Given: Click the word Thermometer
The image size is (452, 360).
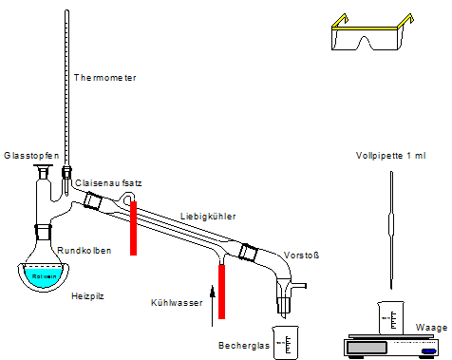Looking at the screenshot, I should pyautogui.click(x=104, y=78).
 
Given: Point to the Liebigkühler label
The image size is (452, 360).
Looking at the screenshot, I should pyautogui.click(x=207, y=217).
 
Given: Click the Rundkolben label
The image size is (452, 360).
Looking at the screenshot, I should pyautogui.click(x=85, y=251).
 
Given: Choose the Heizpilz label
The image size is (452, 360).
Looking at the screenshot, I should pyautogui.click(x=87, y=296).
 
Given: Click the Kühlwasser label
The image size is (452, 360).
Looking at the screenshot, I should pyautogui.click(x=176, y=302).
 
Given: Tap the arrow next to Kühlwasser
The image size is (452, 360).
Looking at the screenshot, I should pyautogui.click(x=213, y=284).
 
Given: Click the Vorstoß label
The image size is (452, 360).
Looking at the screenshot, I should pyautogui.click(x=300, y=256).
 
